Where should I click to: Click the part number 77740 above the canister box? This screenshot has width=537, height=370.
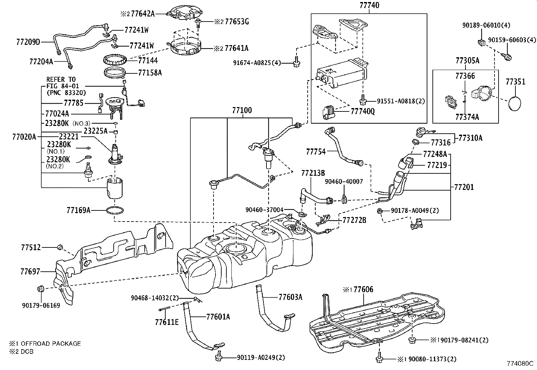(x=369, y=5)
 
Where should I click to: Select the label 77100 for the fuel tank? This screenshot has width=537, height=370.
(x=242, y=110)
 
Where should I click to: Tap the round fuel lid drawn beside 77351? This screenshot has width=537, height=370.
(x=515, y=103)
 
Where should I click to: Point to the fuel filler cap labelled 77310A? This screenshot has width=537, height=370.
(x=423, y=132)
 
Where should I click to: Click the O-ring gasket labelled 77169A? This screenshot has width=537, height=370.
(x=115, y=211)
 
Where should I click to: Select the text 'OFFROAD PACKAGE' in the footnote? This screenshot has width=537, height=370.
(x=51, y=344)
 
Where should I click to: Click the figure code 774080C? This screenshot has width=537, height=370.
(x=520, y=364)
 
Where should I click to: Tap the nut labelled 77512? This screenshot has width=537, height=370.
(x=60, y=247)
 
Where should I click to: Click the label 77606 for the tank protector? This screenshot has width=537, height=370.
(x=363, y=290)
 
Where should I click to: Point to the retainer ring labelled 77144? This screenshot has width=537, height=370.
(x=115, y=60)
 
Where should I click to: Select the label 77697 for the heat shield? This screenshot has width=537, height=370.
(x=30, y=272)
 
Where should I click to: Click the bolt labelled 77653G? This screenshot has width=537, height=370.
(x=198, y=23)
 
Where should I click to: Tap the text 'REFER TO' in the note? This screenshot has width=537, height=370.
(x=61, y=79)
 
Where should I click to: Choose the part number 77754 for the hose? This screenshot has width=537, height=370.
(x=316, y=152)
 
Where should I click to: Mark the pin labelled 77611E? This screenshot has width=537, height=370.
(x=165, y=309)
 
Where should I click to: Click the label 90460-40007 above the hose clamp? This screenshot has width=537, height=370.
(x=344, y=182)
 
